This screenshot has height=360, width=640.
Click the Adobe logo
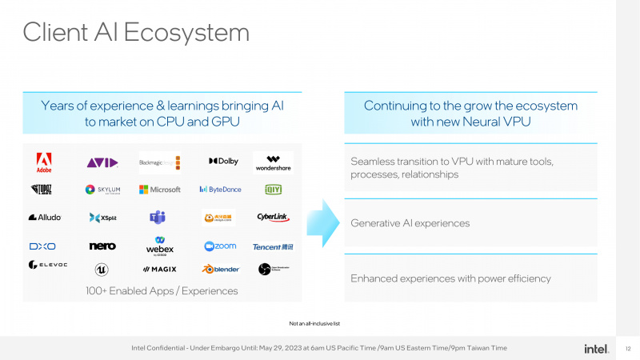point(44,162)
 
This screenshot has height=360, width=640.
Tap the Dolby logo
point(223,162)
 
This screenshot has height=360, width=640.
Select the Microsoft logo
point(160,190)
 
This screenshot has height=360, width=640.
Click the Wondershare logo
point(273,162)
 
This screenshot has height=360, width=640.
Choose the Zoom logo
point(220,246)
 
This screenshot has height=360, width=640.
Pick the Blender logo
point(220,269)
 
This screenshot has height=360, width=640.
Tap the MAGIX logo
point(160,269)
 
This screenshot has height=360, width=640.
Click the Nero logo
point(102,246)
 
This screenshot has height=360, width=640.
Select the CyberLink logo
point(273,217)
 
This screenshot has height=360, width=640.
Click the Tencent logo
point(273,246)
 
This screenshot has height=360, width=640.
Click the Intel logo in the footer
point(595,348)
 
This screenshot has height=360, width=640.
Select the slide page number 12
point(628,348)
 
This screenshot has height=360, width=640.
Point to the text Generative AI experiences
point(410,223)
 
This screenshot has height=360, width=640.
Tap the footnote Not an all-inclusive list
point(315,323)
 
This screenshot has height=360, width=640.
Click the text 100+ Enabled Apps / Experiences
point(162,290)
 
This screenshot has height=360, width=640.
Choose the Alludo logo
point(45,217)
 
